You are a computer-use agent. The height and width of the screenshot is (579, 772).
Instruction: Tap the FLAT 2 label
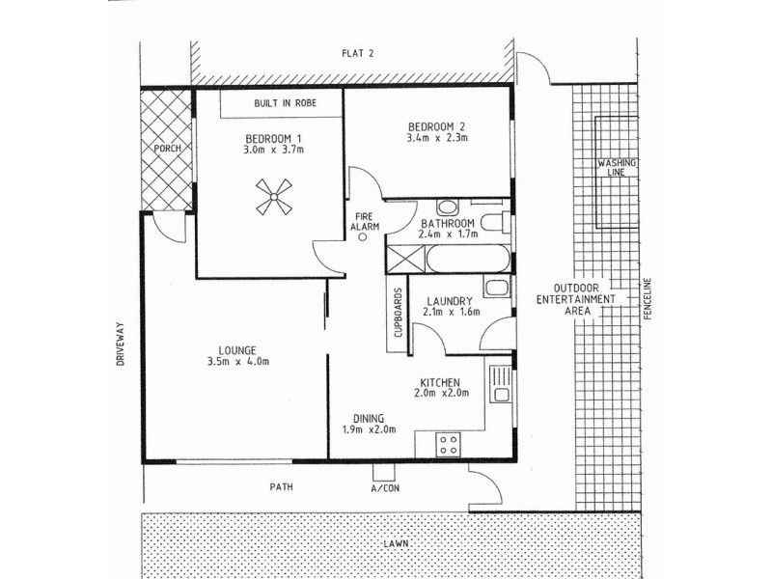pyautogui.click(x=357, y=53)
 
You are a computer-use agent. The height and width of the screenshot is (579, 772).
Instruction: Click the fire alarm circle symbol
pyautogui.click(x=363, y=239)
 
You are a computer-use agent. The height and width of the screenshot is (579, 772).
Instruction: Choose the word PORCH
pyautogui.click(x=168, y=148)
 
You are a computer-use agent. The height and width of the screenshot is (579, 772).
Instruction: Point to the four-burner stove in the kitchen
pyautogui.click(x=449, y=444)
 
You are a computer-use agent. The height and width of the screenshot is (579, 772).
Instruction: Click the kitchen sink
pyautogui.click(x=500, y=384)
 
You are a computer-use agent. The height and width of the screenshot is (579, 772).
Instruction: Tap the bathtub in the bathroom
pyautogui.click(x=464, y=260)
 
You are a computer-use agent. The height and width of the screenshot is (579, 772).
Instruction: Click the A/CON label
pyautogui.click(x=384, y=489)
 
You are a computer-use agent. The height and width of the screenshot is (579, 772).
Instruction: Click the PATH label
pyautogui.click(x=282, y=488)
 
